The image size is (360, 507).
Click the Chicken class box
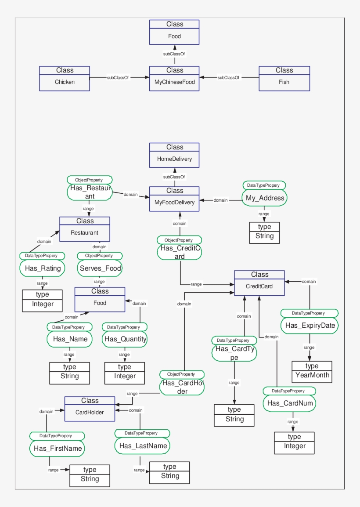65,79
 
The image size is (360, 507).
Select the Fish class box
284,79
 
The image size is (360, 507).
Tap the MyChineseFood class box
174,79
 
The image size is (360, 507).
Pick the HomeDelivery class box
174,155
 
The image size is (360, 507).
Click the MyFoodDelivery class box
174,199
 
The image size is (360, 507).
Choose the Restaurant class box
85,229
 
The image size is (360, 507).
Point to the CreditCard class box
259,283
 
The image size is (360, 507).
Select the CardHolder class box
90,409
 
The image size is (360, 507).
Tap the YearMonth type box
312,372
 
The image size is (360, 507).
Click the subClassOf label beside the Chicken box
118,78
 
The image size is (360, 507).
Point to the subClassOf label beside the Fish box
228,78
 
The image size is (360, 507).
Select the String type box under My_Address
264,232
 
